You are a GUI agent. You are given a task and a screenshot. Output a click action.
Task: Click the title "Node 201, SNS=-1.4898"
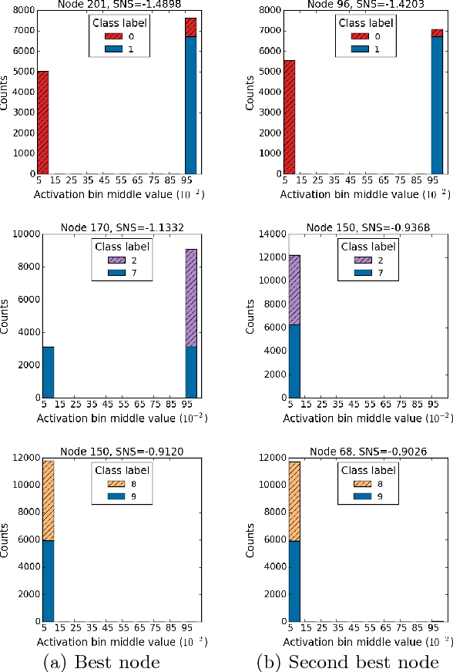pyautogui.click(x=117, y=5)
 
